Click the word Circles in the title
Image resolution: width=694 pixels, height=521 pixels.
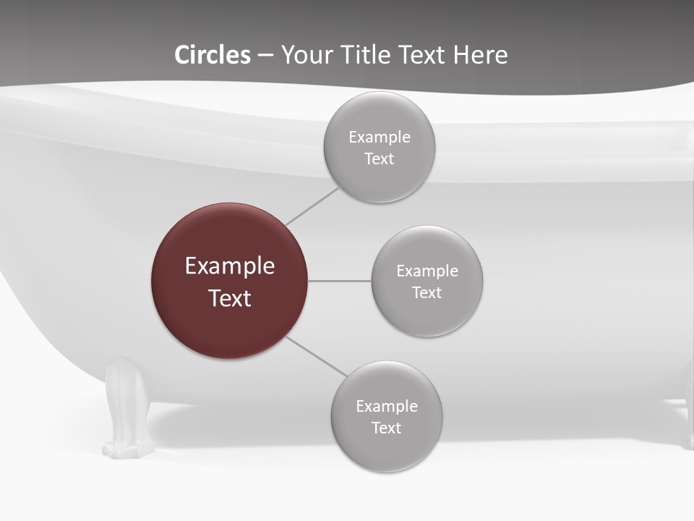pos(213,55)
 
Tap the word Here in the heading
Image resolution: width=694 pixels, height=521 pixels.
pos(480,55)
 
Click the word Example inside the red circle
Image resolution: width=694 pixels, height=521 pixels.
pos(230,266)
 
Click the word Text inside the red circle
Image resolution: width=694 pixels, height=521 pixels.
pos(230,298)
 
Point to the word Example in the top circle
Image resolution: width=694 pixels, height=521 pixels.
pos(380,137)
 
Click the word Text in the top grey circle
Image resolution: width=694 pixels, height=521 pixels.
pos(380,159)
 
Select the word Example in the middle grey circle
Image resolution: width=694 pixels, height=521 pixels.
pos(427,271)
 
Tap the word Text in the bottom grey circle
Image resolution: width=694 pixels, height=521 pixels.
pos(387,428)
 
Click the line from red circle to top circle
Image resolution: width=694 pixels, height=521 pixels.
pos(312,206)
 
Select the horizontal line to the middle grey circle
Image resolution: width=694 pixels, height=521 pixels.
pos(339,281)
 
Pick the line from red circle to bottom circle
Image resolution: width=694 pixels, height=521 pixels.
pos(316,356)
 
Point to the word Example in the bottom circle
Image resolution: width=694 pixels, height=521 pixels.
pos(387,406)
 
